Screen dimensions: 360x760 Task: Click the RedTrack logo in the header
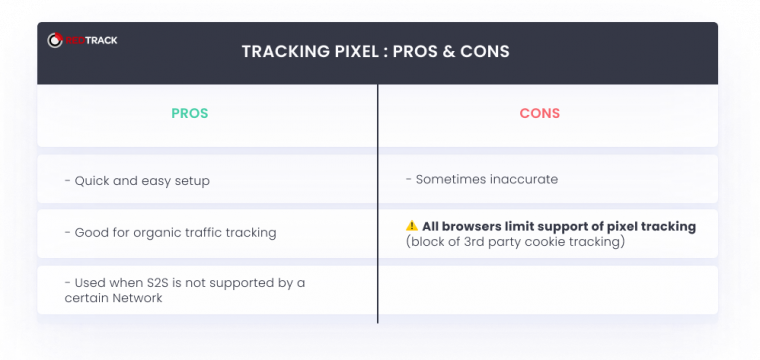[83, 41]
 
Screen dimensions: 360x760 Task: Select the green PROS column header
[189, 113]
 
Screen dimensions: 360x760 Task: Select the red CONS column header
[540, 113]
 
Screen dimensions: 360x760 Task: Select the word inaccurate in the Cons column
[522, 180]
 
